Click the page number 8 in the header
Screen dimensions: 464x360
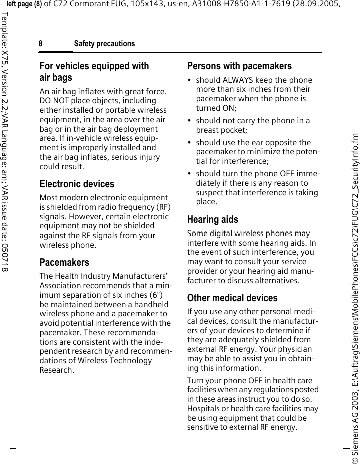pos(41,44)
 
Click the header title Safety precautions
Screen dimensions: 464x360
pos(104,44)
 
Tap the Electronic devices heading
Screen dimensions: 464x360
pos(77,184)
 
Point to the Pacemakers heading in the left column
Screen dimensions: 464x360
pos(64,262)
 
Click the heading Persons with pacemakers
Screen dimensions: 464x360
pos(239,66)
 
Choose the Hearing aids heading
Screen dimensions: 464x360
pos(212,219)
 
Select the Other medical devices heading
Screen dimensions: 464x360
pos(232,298)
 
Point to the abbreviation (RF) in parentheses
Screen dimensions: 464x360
pos(163,207)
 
